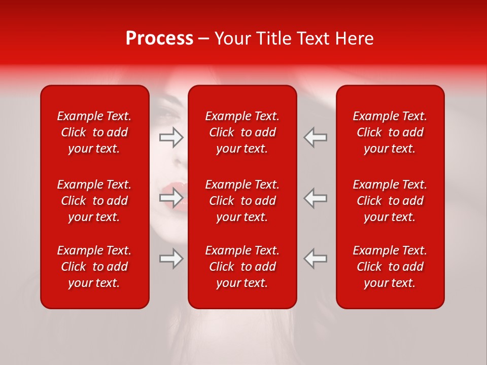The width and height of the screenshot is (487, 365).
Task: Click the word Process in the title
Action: (x=159, y=39)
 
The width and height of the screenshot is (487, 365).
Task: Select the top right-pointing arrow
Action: (x=171, y=137)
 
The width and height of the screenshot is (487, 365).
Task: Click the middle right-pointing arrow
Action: (x=171, y=197)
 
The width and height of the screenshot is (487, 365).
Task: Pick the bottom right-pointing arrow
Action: (x=171, y=258)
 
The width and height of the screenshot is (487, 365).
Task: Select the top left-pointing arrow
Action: (x=316, y=137)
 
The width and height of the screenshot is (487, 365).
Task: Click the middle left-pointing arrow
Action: (x=316, y=197)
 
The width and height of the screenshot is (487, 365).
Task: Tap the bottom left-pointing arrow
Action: (x=316, y=258)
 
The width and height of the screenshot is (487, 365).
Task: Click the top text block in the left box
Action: (x=94, y=132)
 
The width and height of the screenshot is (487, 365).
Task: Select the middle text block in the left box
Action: (x=94, y=201)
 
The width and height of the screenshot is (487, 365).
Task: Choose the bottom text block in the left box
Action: (x=94, y=267)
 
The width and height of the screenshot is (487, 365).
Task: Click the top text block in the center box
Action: (x=242, y=132)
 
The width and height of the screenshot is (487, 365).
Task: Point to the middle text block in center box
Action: (x=242, y=201)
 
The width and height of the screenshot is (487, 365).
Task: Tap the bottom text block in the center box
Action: (x=242, y=267)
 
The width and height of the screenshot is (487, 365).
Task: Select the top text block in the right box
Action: (x=390, y=132)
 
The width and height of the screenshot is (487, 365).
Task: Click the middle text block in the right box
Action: (x=390, y=201)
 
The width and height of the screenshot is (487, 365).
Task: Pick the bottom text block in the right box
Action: (x=390, y=267)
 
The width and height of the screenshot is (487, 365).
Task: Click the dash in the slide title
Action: (x=204, y=39)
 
